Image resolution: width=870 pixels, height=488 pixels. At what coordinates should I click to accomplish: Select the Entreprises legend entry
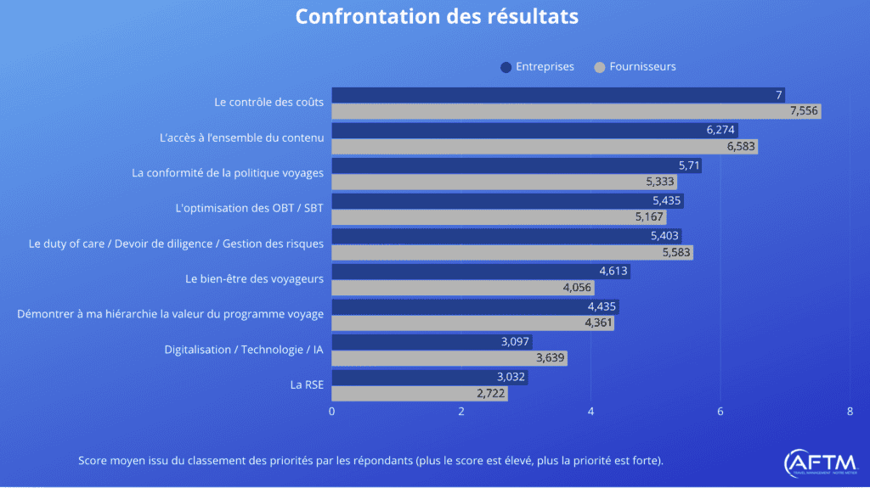pos(538,66)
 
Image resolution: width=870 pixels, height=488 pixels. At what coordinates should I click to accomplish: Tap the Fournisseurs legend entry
pos(635,66)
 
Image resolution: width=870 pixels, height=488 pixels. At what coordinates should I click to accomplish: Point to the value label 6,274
pos(720,130)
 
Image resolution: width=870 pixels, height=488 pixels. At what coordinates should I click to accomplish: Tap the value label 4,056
pos(577,288)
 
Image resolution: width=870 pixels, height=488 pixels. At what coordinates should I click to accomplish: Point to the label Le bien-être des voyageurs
pos(254,278)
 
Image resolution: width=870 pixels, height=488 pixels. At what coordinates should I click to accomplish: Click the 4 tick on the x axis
pos(590,411)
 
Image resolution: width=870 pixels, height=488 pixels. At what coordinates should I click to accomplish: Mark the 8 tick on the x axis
pos(850,411)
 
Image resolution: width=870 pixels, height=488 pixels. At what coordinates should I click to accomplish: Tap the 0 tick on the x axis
pos(331,411)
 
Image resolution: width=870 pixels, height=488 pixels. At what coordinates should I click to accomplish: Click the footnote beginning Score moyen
pos(370,461)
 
